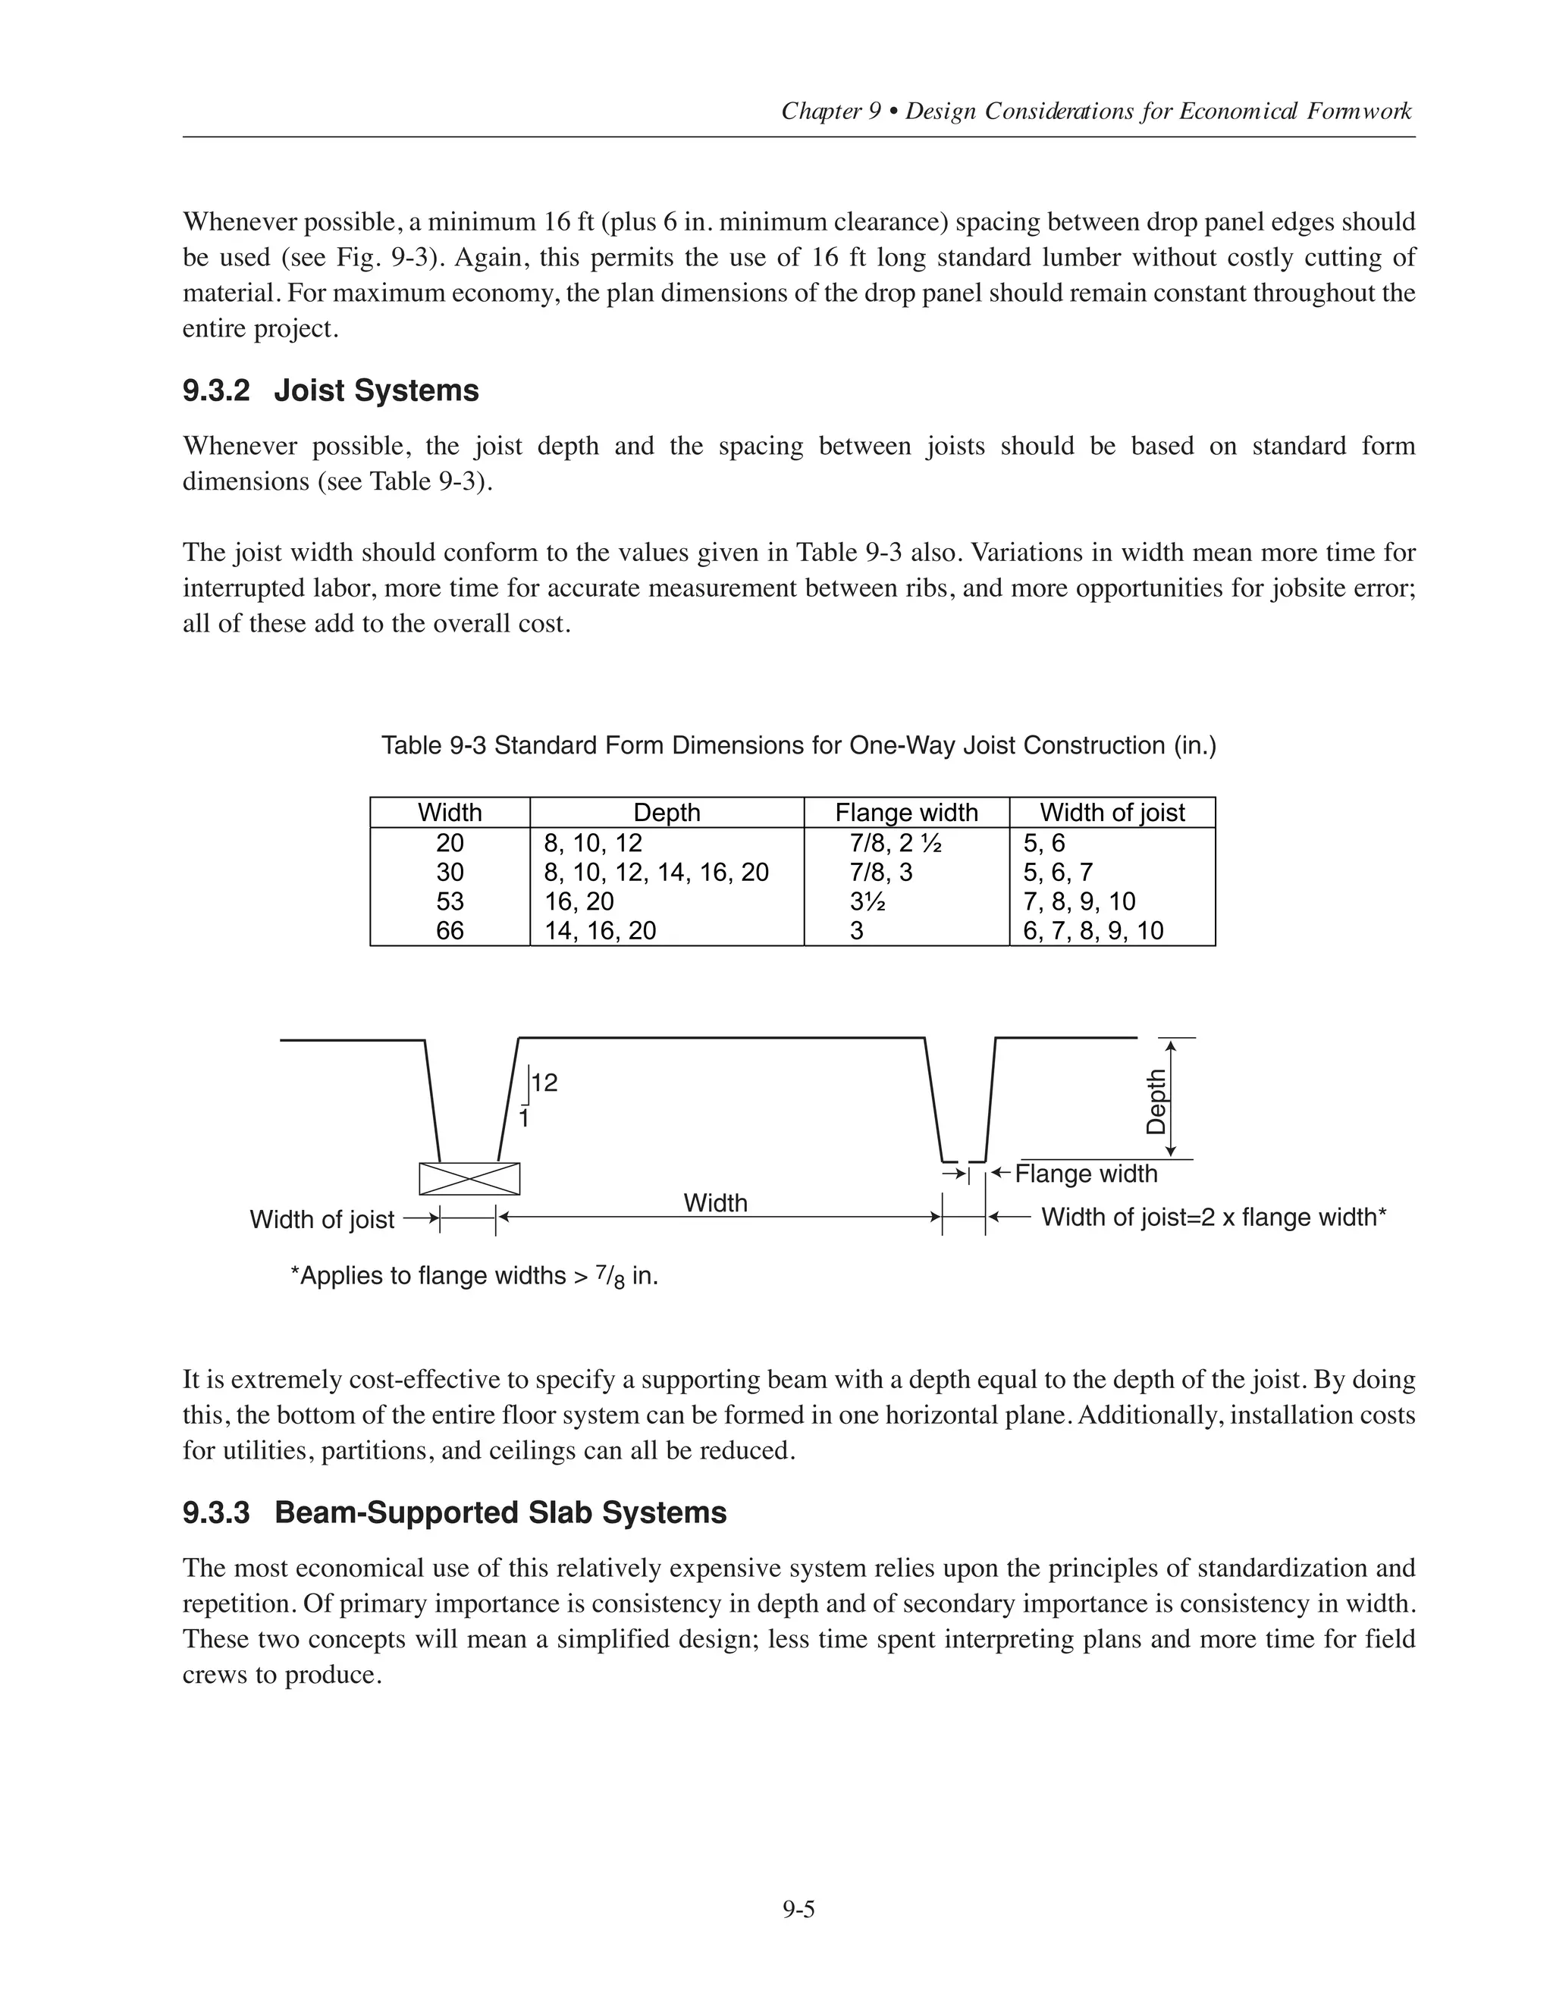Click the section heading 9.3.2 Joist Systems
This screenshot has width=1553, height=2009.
click(x=331, y=391)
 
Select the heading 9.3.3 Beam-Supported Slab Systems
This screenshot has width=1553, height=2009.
click(x=454, y=1512)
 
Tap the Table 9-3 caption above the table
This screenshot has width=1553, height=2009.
click(x=798, y=745)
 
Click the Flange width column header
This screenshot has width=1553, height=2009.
click(x=906, y=813)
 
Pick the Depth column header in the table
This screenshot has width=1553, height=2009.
click(x=667, y=813)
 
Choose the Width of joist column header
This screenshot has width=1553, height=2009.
click(x=1112, y=813)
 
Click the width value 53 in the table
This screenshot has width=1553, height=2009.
click(x=450, y=901)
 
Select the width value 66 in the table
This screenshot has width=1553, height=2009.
click(x=450, y=931)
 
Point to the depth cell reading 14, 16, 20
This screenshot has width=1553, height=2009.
click(x=600, y=931)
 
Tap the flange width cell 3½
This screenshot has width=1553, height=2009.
click(x=867, y=901)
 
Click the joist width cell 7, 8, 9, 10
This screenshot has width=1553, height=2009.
click(x=1079, y=901)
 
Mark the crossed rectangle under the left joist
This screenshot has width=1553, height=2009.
click(x=469, y=1178)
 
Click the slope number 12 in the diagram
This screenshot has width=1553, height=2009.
click(x=544, y=1083)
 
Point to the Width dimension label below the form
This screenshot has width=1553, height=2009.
click(x=715, y=1203)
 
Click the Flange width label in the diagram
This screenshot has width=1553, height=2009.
click(x=1086, y=1174)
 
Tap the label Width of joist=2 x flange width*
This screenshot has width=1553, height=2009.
click(x=1213, y=1218)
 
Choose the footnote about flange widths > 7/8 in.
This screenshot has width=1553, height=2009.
click(x=474, y=1277)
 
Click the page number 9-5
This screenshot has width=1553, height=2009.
click(x=798, y=1910)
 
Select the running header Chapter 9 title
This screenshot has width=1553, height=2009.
click(x=1096, y=111)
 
